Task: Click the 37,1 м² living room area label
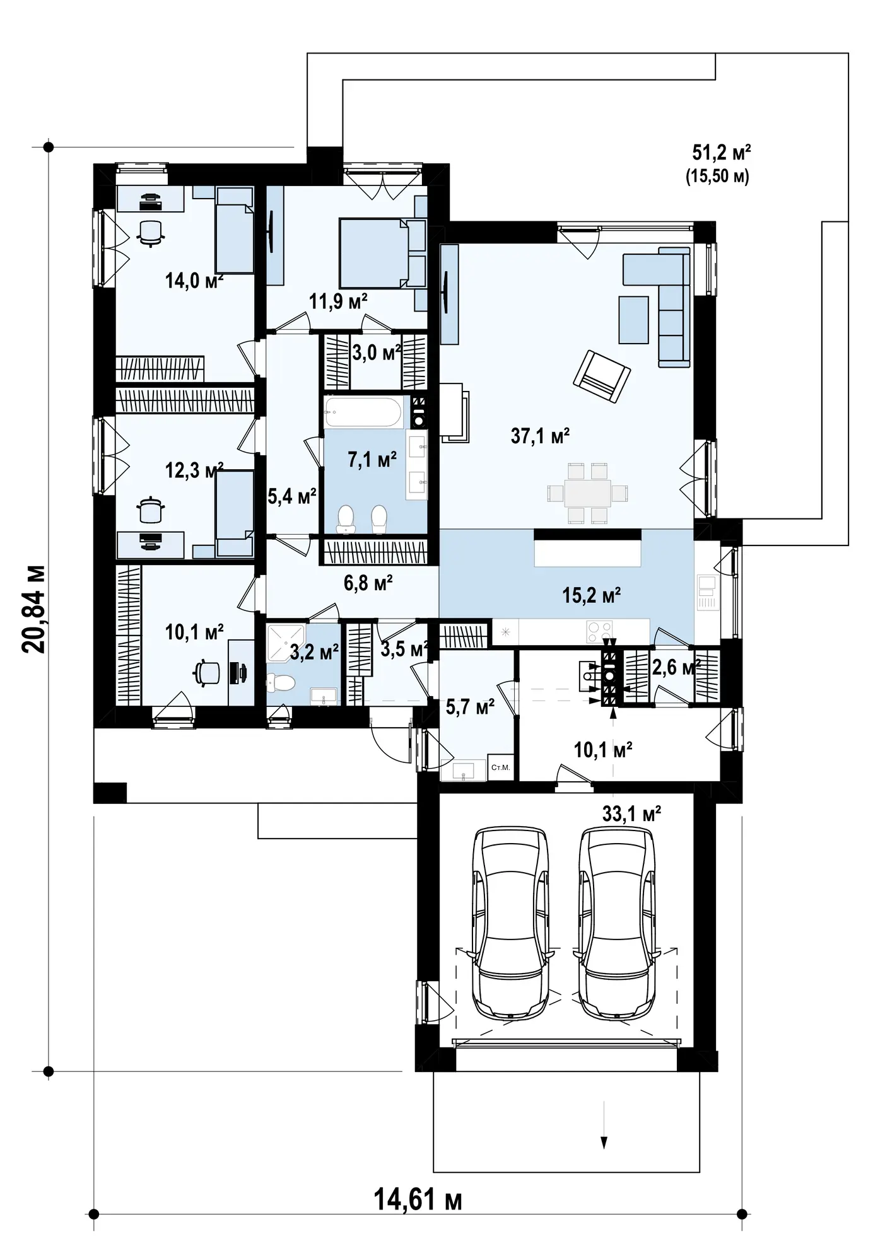pyautogui.click(x=540, y=436)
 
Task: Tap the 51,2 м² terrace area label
pyautogui.click(x=721, y=153)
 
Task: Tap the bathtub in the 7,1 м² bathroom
pyautogui.click(x=363, y=412)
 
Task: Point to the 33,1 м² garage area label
pyautogui.click(x=631, y=814)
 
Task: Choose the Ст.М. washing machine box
pyautogui.click(x=500, y=767)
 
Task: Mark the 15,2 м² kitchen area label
pyautogui.click(x=592, y=595)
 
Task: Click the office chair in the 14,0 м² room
pyautogui.click(x=151, y=232)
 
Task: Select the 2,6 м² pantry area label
pyautogui.click(x=676, y=667)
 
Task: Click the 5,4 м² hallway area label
pyautogui.click(x=291, y=497)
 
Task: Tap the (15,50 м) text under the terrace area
pyautogui.click(x=718, y=177)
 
